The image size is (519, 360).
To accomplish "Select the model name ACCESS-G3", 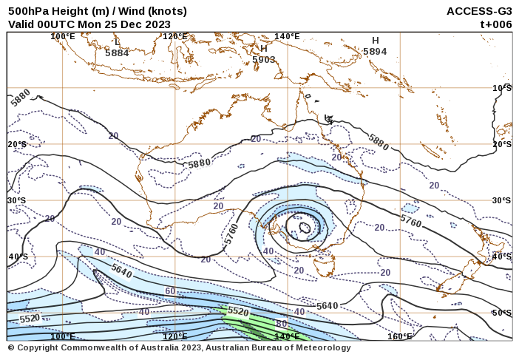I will click(x=479, y=11).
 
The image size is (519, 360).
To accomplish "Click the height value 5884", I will click(x=117, y=53).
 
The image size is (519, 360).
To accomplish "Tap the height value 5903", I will click(x=263, y=60).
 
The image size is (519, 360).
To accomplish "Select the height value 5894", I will click(x=375, y=52).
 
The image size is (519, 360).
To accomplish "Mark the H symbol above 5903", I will click(x=263, y=49).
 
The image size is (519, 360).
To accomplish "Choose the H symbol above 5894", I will click(x=376, y=41).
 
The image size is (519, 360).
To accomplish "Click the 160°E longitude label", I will click(x=400, y=336).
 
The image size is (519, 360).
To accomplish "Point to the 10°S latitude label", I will click(x=502, y=88).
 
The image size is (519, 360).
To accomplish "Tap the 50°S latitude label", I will click(x=502, y=313).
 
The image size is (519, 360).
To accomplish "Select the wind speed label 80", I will click(x=281, y=324).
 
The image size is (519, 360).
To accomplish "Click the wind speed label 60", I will click(x=170, y=291).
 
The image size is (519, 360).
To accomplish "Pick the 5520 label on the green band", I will click(x=238, y=312).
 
